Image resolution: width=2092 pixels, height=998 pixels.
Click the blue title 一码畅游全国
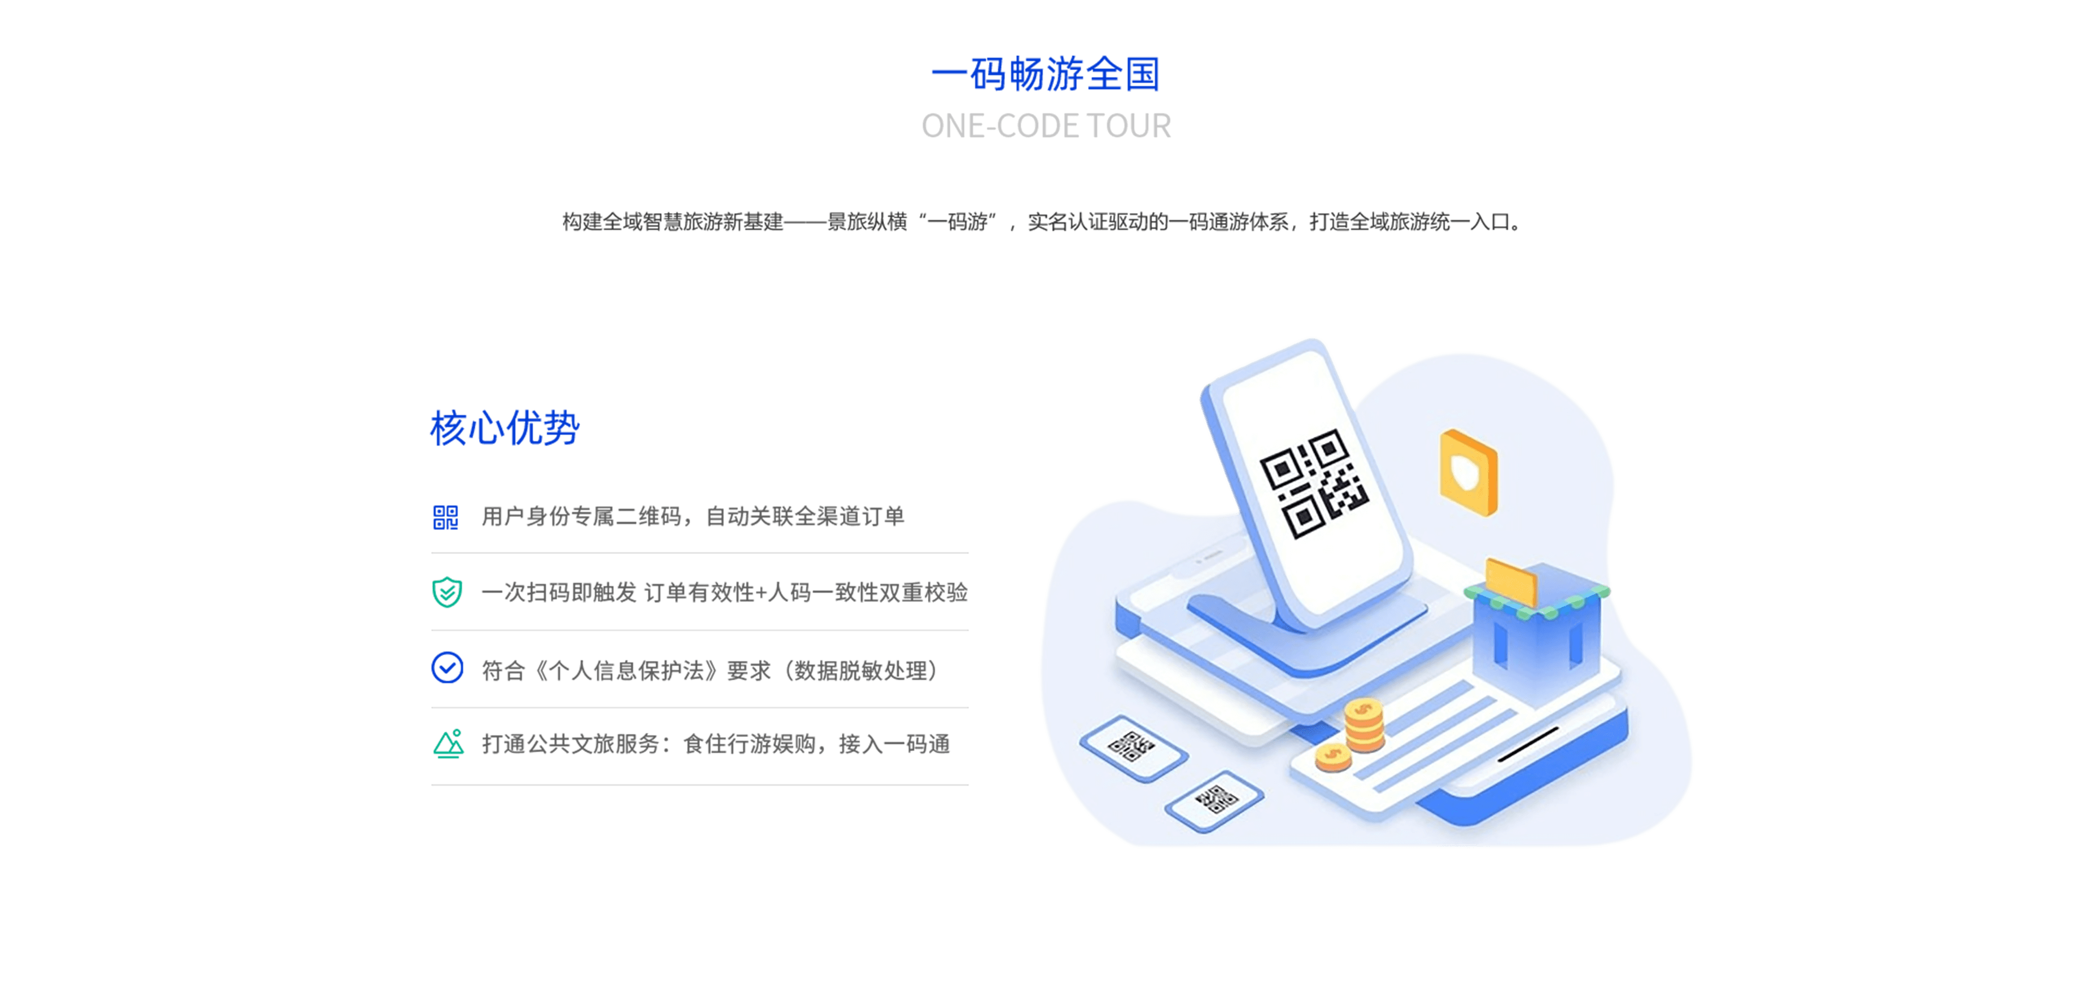coord(1045,74)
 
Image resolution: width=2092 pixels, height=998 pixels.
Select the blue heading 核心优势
coord(504,428)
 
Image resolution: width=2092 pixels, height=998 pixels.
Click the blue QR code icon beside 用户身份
coord(446,518)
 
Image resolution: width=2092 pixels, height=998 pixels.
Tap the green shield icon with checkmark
coord(447,592)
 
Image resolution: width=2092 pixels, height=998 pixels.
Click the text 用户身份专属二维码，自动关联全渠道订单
coord(693,516)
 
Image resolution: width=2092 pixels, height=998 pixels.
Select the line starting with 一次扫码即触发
coord(725,592)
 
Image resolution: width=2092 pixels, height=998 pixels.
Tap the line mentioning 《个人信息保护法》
coord(710,670)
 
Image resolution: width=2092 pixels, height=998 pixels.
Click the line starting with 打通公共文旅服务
coord(715,744)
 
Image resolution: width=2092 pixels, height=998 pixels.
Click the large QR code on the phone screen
coord(1313,483)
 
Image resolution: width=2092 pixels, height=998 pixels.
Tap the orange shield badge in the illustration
coord(1468,473)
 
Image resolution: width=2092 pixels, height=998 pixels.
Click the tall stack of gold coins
coord(1364,725)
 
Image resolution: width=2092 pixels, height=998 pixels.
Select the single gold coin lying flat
coord(1333,757)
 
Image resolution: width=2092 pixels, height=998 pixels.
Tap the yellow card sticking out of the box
coord(1511,581)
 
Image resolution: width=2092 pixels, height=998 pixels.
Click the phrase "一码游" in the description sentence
coord(958,222)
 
